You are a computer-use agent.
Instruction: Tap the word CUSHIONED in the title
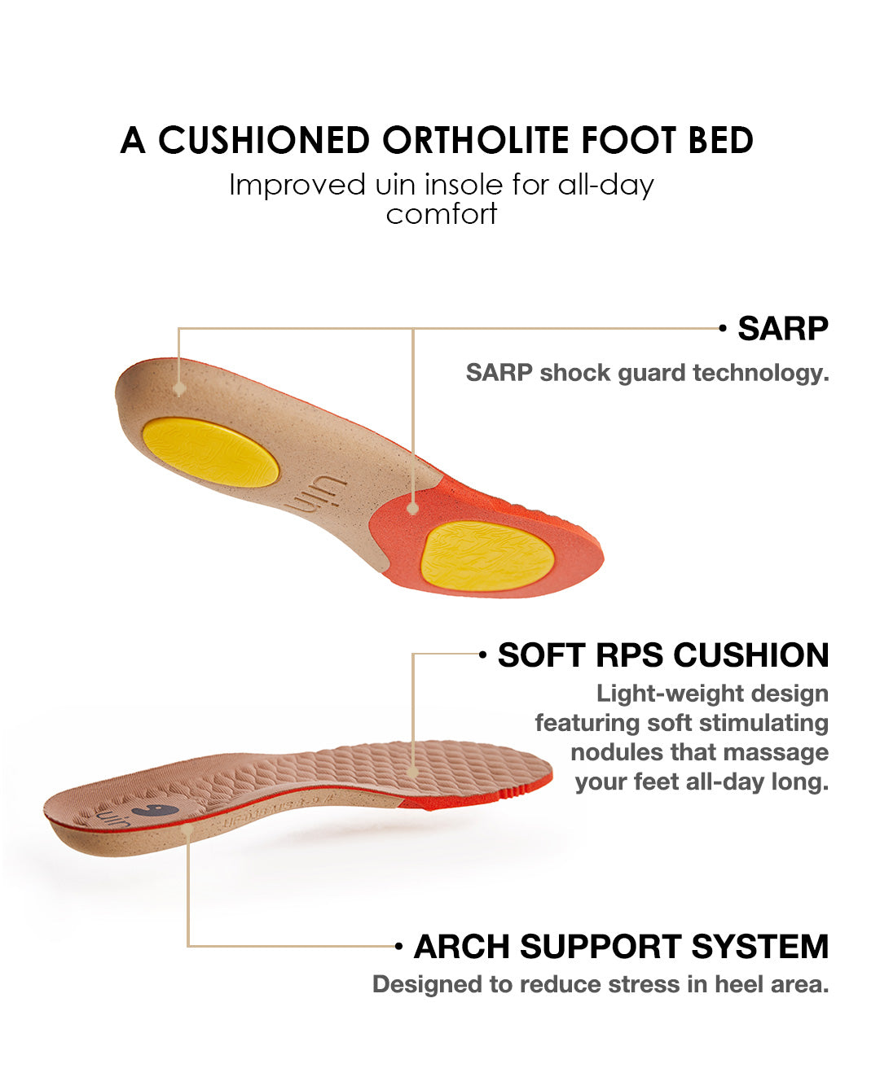point(264,140)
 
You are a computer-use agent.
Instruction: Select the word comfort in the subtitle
point(442,214)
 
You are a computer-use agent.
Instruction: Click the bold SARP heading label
point(783,328)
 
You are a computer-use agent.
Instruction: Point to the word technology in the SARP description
point(760,374)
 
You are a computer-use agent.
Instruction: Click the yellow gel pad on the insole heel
point(210,452)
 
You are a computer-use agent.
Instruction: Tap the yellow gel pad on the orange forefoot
point(488,556)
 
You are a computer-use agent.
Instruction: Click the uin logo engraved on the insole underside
point(315,495)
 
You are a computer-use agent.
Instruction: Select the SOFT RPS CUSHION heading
point(662,655)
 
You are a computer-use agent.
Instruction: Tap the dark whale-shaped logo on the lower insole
point(155,811)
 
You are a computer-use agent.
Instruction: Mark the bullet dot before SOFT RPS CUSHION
point(482,655)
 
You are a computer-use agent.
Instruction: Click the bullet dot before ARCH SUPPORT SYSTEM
point(398,946)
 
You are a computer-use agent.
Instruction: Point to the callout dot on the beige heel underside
point(179,389)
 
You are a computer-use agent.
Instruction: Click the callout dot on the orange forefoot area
point(413,508)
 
